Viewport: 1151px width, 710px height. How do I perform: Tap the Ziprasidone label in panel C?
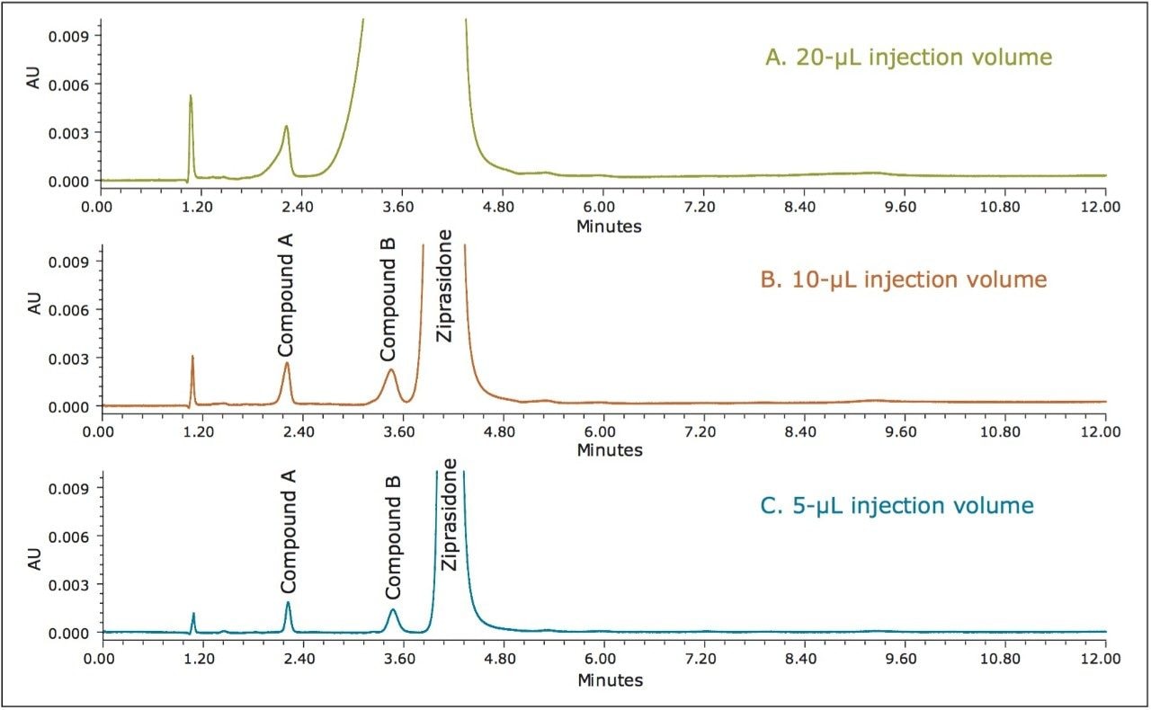point(451,515)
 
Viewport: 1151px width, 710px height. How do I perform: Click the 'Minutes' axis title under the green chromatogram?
point(609,226)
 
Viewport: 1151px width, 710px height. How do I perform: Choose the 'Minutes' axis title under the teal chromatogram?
point(610,680)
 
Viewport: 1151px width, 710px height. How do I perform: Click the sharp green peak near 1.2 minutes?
point(191,95)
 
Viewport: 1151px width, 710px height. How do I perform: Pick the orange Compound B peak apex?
point(390,369)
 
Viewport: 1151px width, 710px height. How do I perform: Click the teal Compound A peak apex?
point(288,602)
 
